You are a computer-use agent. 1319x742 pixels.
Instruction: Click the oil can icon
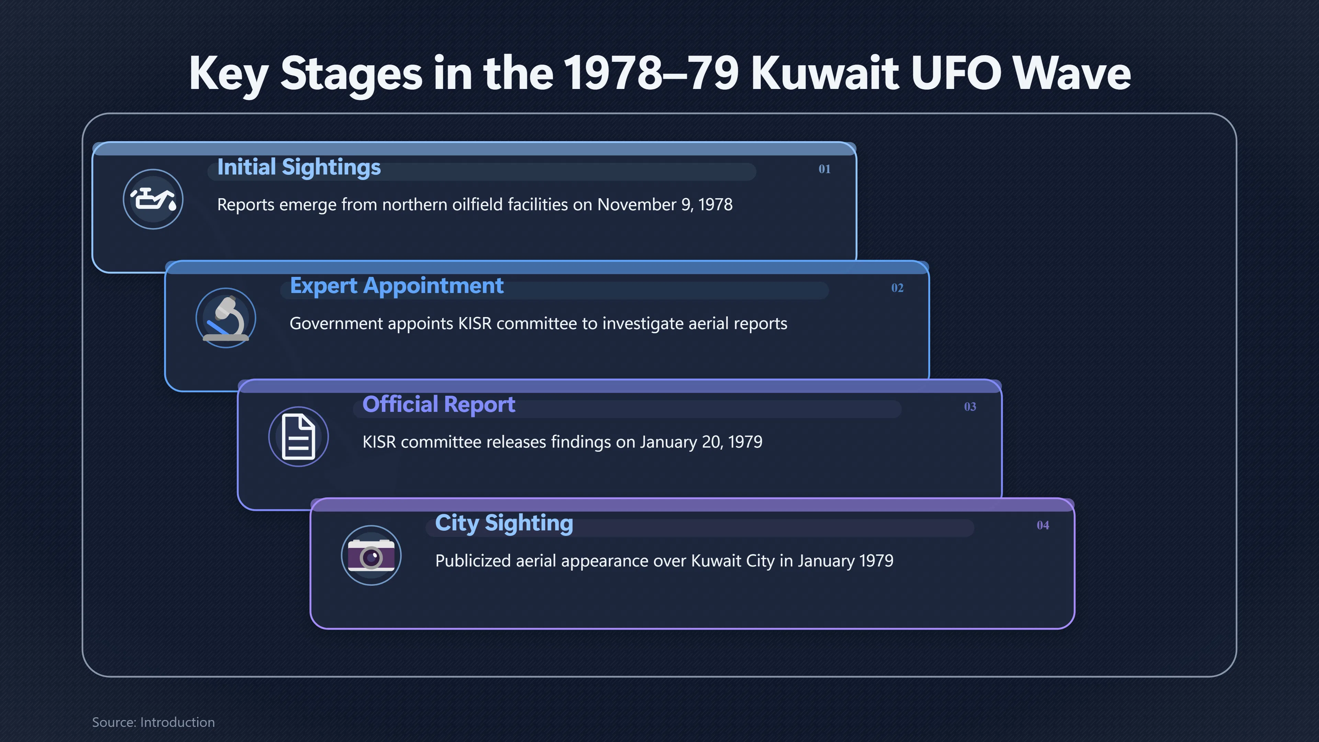click(153, 199)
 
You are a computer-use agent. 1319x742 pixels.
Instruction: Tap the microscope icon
click(226, 318)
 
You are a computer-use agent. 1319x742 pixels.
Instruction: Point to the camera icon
click(371, 555)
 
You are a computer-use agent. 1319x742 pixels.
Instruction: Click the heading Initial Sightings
click(299, 167)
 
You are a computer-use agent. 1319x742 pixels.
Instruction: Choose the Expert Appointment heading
click(397, 286)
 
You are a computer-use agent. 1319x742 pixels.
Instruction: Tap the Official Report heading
click(439, 405)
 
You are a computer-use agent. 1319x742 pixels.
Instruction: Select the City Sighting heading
click(504, 523)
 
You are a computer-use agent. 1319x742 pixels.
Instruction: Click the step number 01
click(824, 169)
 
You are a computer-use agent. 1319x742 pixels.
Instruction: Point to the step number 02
click(897, 288)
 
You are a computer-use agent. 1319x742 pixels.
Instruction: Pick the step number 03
click(970, 407)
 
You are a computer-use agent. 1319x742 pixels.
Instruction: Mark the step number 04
click(1042, 525)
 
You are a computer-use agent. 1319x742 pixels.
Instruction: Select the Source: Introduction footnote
click(154, 722)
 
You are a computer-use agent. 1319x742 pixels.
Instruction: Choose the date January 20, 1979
click(701, 442)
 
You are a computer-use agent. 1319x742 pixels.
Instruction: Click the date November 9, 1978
click(665, 205)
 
